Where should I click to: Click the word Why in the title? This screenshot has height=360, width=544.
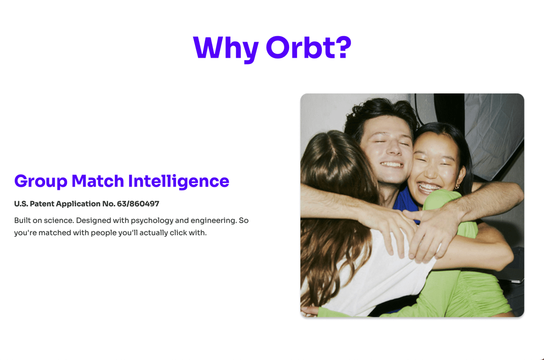(226, 48)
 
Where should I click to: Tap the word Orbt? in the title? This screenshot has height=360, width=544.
(309, 47)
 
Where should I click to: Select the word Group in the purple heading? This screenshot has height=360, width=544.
(41, 181)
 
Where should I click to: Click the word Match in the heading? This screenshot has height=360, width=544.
(97, 180)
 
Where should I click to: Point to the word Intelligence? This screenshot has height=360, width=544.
(179, 181)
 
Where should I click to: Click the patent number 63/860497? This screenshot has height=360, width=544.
(138, 204)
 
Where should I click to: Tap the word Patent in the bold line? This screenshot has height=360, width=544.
(42, 204)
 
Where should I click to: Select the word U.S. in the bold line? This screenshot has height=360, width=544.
(21, 204)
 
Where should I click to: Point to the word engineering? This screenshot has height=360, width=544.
(214, 221)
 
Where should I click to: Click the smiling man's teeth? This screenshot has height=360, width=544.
(391, 164)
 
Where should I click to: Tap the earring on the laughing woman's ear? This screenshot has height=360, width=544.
(457, 187)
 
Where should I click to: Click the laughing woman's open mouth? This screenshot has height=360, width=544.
(429, 188)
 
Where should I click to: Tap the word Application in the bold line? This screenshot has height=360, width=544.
(86, 204)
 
